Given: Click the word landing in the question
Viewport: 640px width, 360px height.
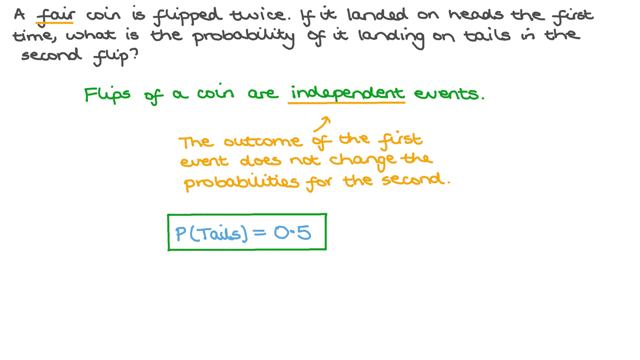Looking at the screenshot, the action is (391, 37).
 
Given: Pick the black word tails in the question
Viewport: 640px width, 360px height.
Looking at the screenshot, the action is (487, 35).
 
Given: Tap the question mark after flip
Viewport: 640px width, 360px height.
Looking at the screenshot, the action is (134, 54).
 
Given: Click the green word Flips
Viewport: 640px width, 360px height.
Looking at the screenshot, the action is (107, 95).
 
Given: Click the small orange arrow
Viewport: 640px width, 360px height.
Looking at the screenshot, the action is (322, 124).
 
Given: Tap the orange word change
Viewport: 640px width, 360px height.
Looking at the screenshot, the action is (363, 161).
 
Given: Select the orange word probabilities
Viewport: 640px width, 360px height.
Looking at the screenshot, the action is (241, 183).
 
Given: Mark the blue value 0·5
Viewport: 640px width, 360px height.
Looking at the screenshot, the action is (293, 233).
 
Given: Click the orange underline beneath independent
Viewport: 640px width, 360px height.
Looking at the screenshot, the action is (347, 103).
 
